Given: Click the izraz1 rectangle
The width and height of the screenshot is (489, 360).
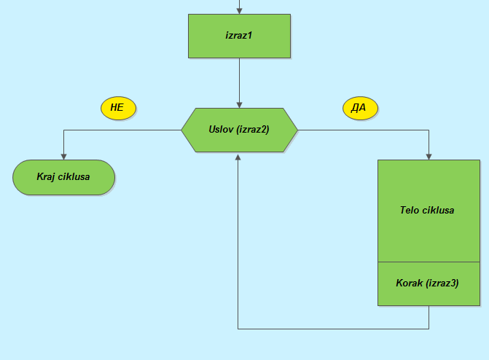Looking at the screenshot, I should [x=239, y=35].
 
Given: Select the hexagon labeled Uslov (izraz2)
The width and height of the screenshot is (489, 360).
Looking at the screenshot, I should [x=239, y=130].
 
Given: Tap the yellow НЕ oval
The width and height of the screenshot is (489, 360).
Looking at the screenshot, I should [x=118, y=108].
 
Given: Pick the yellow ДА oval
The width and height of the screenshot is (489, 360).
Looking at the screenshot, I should [x=359, y=108].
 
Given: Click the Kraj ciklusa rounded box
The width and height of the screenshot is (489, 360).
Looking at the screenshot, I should [x=63, y=177].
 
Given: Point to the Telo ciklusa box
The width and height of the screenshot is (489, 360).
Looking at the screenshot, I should [x=428, y=210].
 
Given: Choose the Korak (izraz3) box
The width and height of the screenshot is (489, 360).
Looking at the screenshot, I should [x=428, y=283].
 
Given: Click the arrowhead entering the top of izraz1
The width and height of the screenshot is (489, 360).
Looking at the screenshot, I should [x=239, y=10].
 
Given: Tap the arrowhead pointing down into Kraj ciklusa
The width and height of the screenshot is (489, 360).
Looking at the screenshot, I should [x=63, y=155].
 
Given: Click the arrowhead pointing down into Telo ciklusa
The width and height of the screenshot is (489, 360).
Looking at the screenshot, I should [x=428, y=155].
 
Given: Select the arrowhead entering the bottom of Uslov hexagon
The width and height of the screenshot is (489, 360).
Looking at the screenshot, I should [x=239, y=157].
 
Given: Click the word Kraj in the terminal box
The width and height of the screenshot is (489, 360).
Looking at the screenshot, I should [x=47, y=177].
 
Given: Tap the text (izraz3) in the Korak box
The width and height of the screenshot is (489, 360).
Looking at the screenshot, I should [x=442, y=283].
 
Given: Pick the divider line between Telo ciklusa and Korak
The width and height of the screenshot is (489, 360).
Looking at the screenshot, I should [x=428, y=261].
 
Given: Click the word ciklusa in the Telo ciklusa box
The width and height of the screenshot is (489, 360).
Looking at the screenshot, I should [x=438, y=210].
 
